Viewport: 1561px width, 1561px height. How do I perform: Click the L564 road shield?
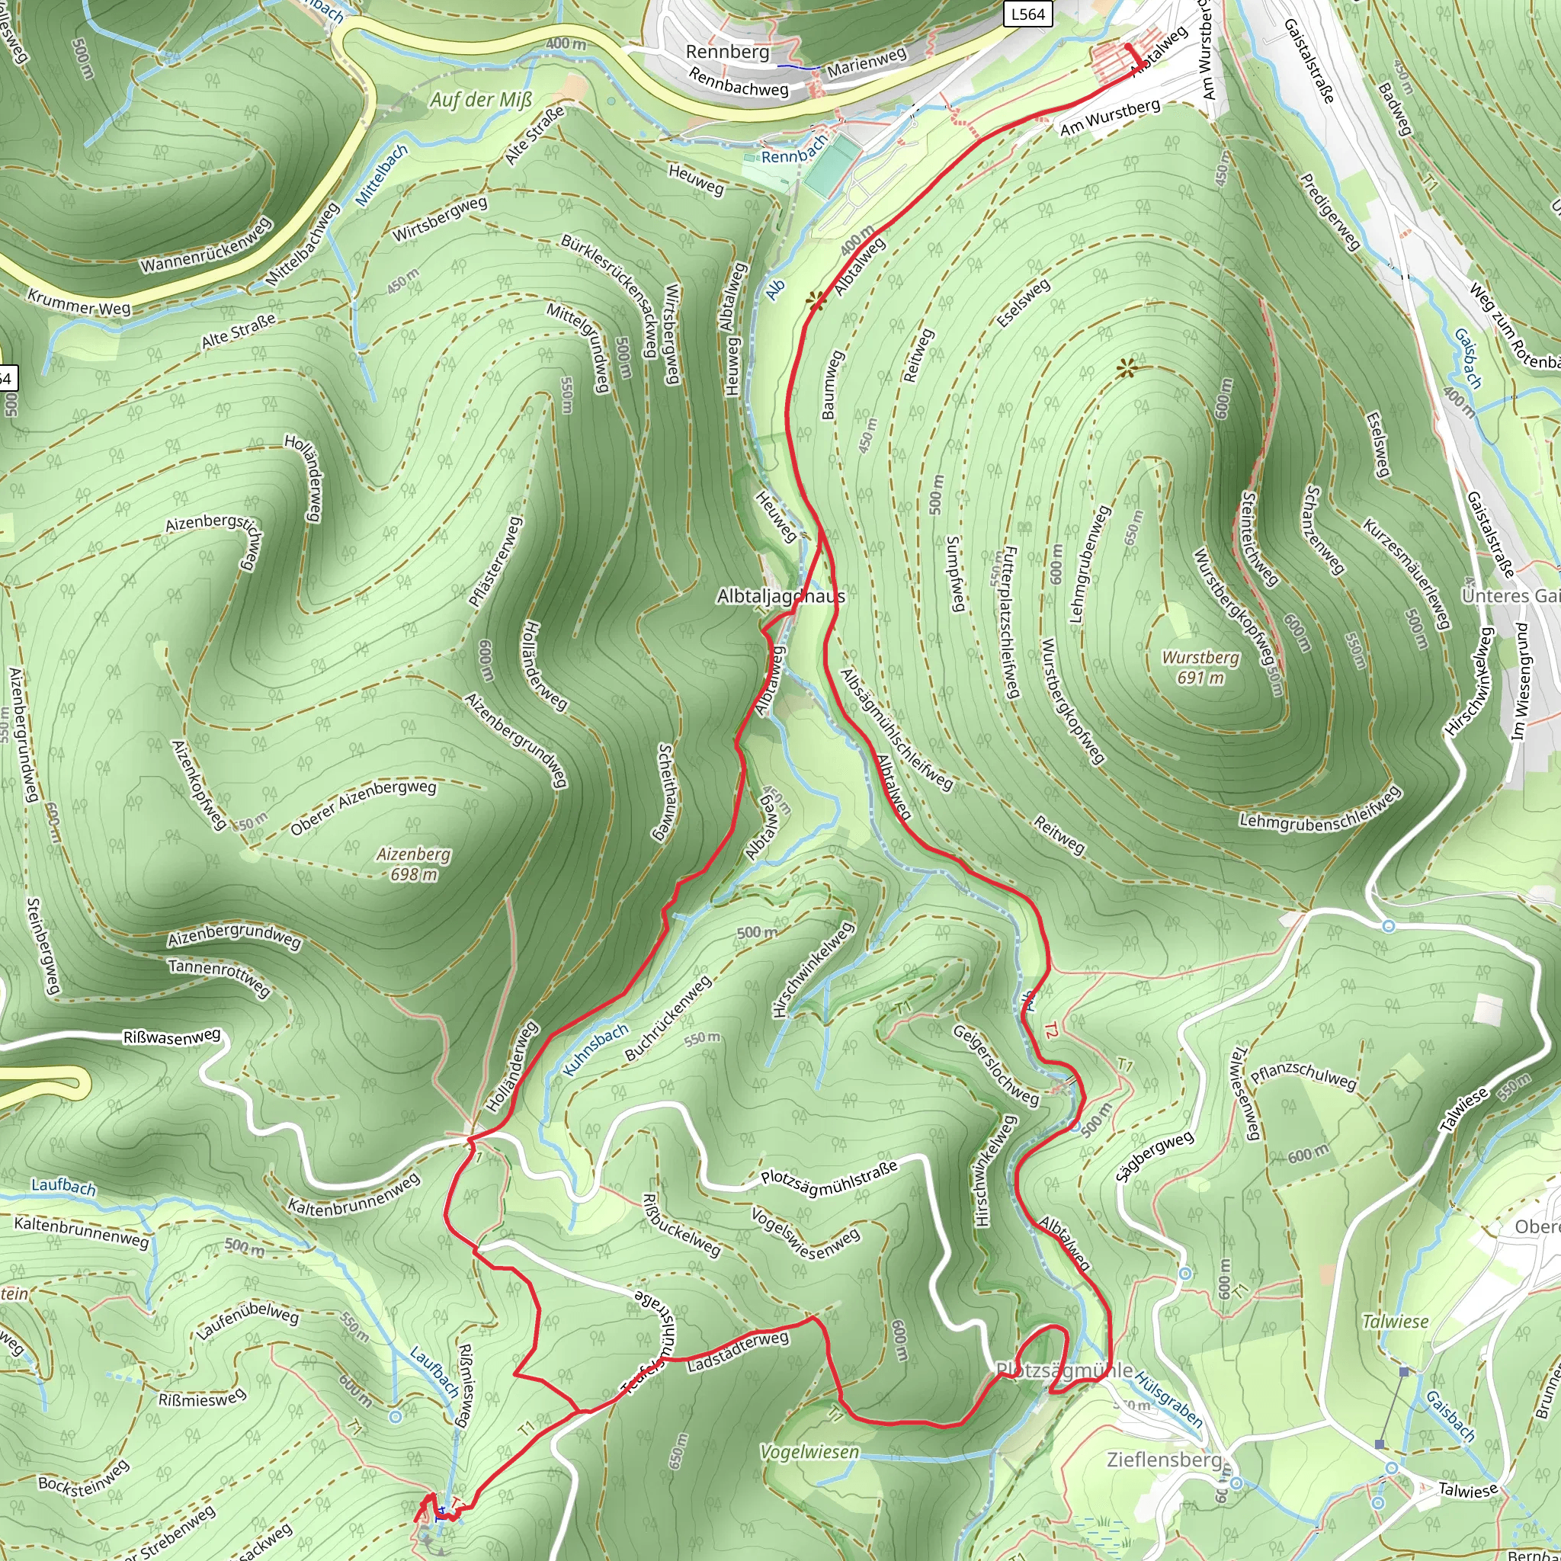point(1028,14)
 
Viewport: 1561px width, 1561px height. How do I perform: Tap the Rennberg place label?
point(727,52)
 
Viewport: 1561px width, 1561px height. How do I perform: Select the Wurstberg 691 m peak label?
point(1200,668)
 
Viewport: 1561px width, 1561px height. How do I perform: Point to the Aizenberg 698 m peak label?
point(414,864)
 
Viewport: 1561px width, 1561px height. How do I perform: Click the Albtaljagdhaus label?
point(780,596)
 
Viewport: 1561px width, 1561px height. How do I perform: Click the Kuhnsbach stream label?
point(595,1050)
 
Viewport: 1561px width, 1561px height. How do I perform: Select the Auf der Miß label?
point(481,99)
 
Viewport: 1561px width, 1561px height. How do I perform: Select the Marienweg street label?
point(867,63)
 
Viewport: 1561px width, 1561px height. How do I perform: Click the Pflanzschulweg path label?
point(1303,1075)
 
